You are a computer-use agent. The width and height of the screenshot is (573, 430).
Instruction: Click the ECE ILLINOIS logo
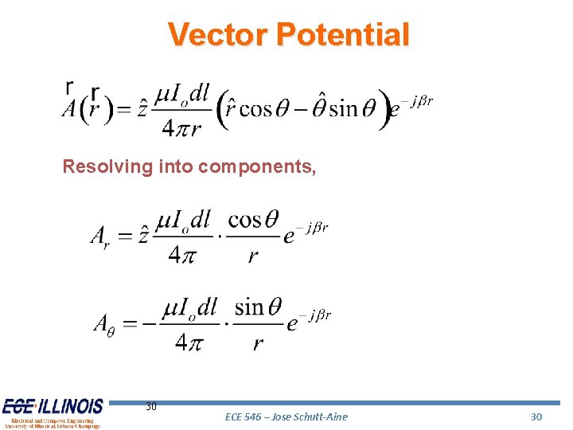(53, 412)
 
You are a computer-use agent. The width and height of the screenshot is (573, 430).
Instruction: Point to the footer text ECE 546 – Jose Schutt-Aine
(286, 416)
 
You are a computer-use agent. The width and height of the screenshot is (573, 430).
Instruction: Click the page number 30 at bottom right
(536, 416)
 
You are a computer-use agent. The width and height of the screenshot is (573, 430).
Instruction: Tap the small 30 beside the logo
(151, 407)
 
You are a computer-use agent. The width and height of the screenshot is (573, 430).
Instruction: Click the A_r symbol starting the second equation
(100, 236)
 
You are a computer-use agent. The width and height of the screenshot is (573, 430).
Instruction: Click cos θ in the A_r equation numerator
(252, 218)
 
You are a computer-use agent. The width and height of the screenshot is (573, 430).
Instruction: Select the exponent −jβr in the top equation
(416, 101)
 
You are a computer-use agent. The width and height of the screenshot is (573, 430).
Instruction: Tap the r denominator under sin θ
(258, 343)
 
